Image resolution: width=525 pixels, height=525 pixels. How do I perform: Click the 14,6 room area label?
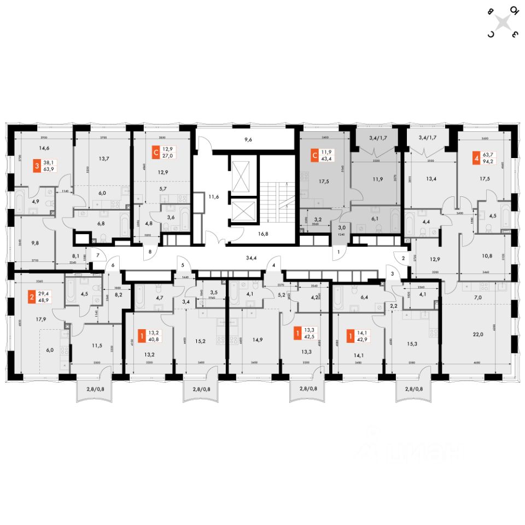[x=44, y=147]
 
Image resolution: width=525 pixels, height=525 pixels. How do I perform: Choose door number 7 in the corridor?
[x=97, y=255]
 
